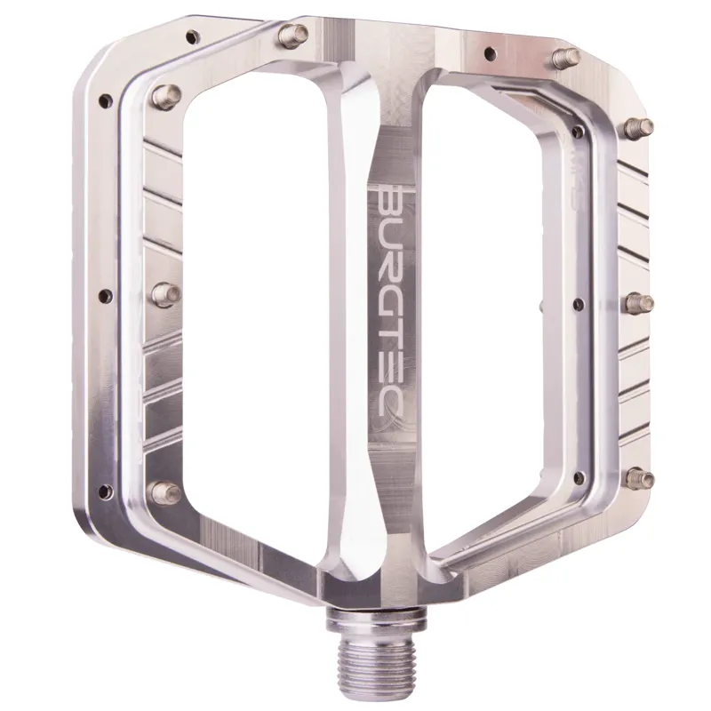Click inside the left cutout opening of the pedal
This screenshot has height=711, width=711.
click(x=258, y=320)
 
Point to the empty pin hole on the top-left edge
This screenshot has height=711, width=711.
click(x=192, y=37)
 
